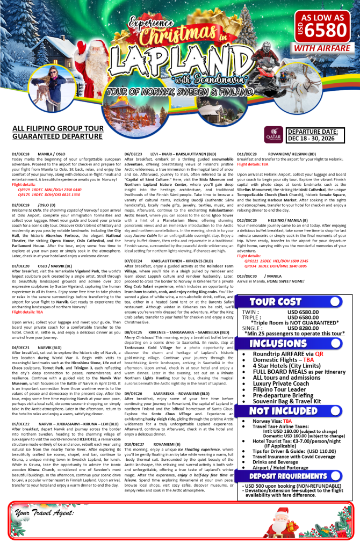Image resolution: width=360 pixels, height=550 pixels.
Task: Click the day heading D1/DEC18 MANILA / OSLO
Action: tap(36, 154)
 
